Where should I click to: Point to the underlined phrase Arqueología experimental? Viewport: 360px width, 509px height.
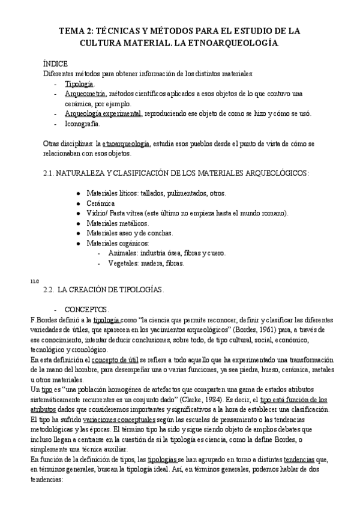[103, 114]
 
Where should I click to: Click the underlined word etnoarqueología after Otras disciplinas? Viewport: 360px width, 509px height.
[126, 144]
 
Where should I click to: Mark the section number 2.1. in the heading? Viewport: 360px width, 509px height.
[50, 173]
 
